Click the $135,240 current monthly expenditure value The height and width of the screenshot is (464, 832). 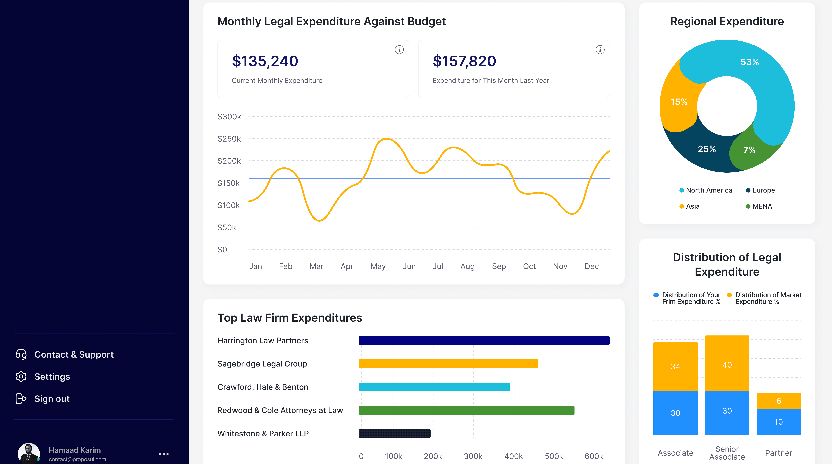265,61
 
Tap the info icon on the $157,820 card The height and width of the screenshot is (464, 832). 600,50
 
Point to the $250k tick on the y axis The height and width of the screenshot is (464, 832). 229,139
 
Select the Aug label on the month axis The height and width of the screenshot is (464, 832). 467,266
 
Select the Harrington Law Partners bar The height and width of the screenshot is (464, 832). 484,340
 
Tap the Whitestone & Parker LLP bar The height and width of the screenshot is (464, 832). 394,433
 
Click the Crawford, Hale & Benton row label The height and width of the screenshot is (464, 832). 263,387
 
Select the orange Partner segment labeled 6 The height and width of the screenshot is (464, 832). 778,401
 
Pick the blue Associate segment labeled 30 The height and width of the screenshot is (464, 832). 675,413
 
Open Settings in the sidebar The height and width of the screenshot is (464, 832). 52,377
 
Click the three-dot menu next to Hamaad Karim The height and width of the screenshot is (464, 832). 163,454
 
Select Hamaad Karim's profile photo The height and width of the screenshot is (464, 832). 29,453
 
